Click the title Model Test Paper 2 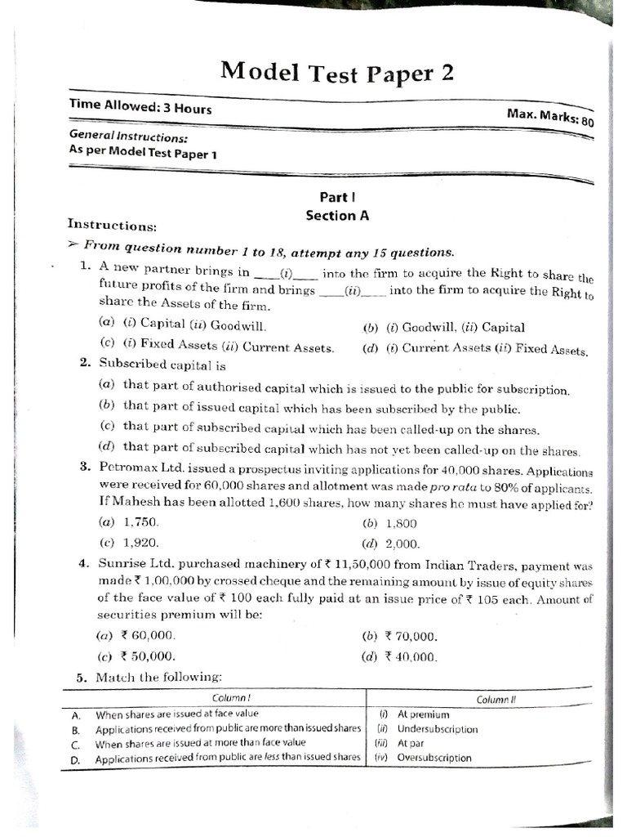pyautogui.click(x=336, y=74)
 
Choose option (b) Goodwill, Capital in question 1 pyautogui.click(x=444, y=328)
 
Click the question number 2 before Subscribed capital pyautogui.click(x=85, y=363)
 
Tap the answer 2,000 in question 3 pyautogui.click(x=402, y=543)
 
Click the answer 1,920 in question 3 pyautogui.click(x=140, y=542)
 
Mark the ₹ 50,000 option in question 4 pyautogui.click(x=147, y=656)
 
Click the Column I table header pyautogui.click(x=231, y=698)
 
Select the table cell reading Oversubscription pyautogui.click(x=434, y=758)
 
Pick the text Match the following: pyautogui.click(x=158, y=678)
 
